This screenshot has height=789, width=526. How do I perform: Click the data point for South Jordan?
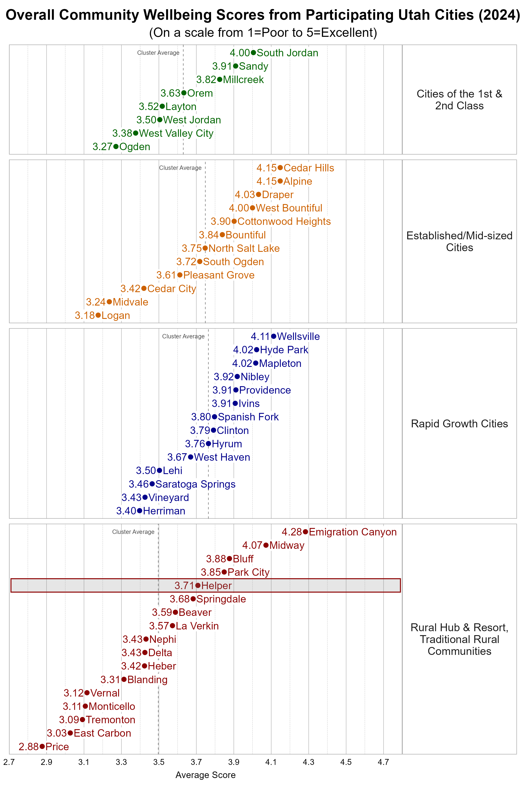click(253, 53)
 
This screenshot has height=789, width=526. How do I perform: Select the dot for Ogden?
click(116, 147)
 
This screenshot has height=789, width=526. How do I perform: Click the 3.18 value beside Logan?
click(85, 315)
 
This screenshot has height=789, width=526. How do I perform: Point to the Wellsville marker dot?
click(274, 336)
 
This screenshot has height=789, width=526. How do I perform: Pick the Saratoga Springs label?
click(195, 484)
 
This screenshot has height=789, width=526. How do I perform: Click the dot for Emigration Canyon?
click(305, 532)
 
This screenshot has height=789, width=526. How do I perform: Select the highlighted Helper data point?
click(198, 585)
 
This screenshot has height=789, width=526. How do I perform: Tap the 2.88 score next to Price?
click(28, 746)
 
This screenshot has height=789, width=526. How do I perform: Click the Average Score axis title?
click(205, 775)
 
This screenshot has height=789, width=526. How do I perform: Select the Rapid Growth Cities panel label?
click(459, 424)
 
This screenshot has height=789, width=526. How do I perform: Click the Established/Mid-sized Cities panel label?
click(459, 242)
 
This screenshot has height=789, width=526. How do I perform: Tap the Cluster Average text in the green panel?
click(158, 53)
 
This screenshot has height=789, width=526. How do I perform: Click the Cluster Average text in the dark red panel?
click(133, 532)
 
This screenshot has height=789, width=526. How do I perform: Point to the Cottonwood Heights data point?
click(234, 221)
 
